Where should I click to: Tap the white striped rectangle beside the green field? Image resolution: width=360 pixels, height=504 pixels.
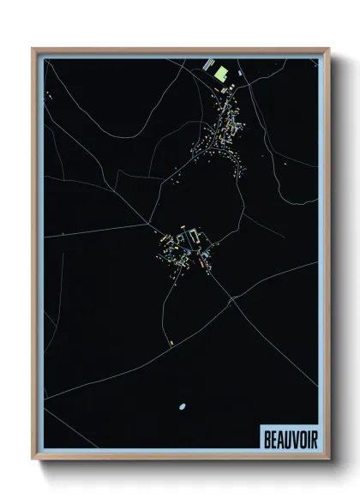[x=207, y=63]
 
